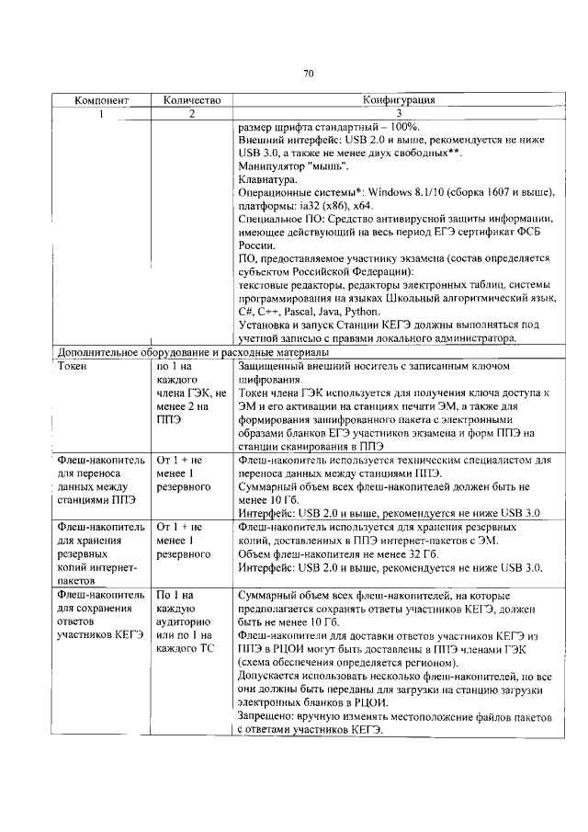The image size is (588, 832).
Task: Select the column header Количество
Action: pyautogui.click(x=192, y=100)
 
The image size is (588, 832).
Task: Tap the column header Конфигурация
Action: pyautogui.click(x=399, y=100)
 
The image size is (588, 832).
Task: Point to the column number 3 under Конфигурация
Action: pyautogui.click(x=399, y=113)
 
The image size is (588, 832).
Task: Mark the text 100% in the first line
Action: pyautogui.click(x=405, y=126)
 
